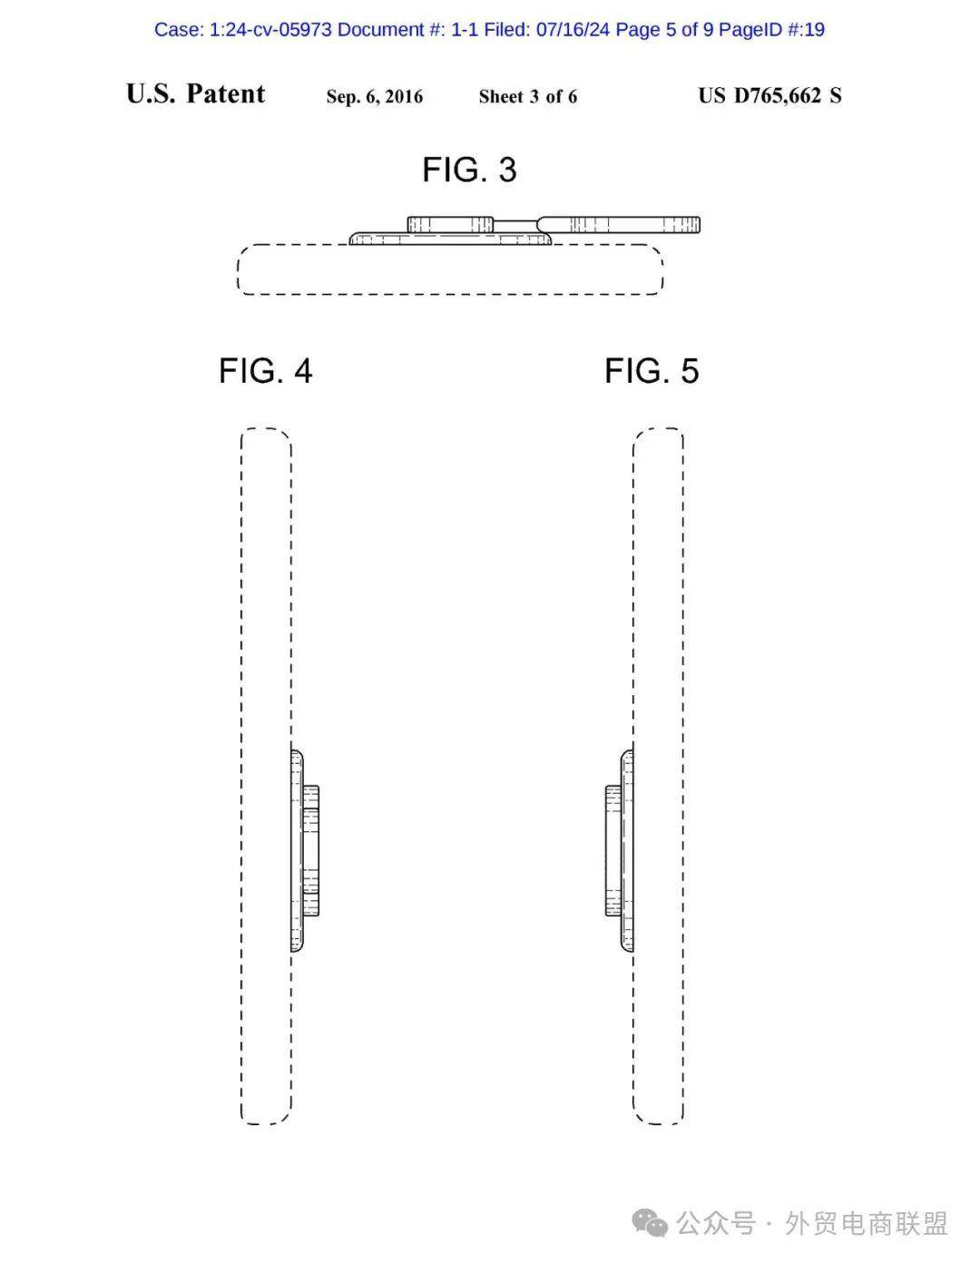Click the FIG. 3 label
(x=469, y=170)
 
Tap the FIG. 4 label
(x=266, y=370)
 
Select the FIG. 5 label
(x=652, y=370)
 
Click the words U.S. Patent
(x=195, y=93)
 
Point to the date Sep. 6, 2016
(x=375, y=96)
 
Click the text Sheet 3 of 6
(x=528, y=96)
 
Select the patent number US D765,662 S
(x=769, y=95)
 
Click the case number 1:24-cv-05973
(x=270, y=30)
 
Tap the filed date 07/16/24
(x=573, y=30)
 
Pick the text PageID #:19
(x=772, y=30)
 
